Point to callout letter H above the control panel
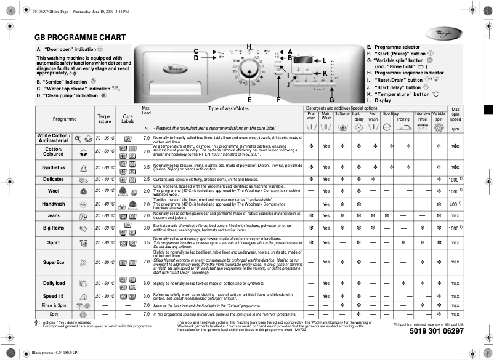249,47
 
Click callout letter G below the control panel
331,99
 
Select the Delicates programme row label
54,180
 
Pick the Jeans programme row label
54,216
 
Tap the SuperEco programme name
54,263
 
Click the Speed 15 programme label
54,296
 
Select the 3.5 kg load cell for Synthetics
147,167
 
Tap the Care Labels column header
128,118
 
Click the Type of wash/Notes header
228,109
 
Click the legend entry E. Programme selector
394,47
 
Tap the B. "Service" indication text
62,81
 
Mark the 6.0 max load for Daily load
147,283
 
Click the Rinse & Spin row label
54,305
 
